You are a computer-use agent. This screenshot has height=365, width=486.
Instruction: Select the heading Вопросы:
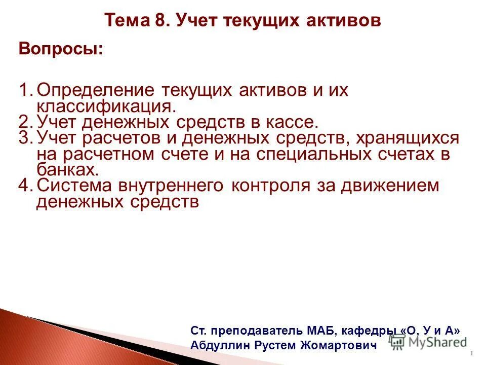[x=60, y=49]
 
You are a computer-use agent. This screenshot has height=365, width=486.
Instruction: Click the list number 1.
[x=25, y=90]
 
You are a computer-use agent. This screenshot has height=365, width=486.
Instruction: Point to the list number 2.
[x=25, y=122]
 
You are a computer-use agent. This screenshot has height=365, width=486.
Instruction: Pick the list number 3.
[x=25, y=138]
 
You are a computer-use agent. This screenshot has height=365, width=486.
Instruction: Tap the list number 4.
[x=25, y=186]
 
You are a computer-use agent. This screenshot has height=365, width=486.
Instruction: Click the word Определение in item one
[x=96, y=90]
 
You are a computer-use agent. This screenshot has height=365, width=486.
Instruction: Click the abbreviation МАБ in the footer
[x=321, y=330]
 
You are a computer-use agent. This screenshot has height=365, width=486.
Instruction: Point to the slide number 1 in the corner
[x=471, y=353]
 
